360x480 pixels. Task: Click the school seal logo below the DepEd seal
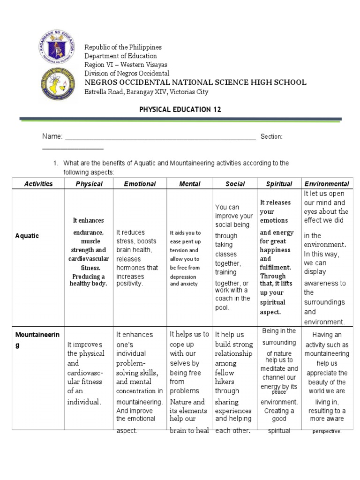(x=58, y=84)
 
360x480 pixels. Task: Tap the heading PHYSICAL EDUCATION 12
(x=180, y=109)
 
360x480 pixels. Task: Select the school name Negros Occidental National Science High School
(x=195, y=82)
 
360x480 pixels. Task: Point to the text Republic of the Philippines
(x=123, y=47)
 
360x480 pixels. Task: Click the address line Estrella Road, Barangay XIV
(x=146, y=92)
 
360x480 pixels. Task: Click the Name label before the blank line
(x=52, y=136)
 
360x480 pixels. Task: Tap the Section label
(x=271, y=136)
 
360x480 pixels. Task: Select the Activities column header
(x=38, y=184)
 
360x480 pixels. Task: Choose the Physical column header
(x=89, y=184)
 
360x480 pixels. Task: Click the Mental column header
(x=189, y=184)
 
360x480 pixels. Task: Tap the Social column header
(x=235, y=184)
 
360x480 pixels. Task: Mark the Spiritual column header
(x=279, y=184)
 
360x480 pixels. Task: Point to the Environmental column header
(x=327, y=184)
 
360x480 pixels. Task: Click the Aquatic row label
(x=27, y=236)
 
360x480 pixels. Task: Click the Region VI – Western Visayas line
(x=126, y=65)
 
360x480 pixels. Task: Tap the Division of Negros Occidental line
(x=127, y=74)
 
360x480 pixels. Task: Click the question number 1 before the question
(x=55, y=163)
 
